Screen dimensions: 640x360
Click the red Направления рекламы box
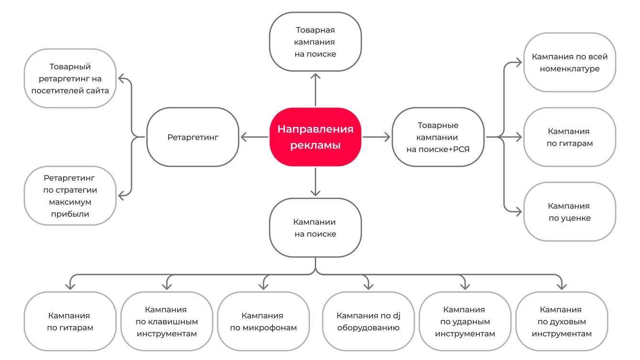(315, 137)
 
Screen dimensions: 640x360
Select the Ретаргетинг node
(193, 137)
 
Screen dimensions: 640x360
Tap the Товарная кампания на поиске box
(315, 42)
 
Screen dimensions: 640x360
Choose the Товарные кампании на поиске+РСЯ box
(438, 137)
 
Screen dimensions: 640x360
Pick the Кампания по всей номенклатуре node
(570, 63)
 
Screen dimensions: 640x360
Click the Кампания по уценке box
(570, 212)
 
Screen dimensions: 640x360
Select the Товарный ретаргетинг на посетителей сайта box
(70, 79)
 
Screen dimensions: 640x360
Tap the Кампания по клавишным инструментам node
(167, 321)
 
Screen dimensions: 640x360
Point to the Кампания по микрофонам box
(264, 321)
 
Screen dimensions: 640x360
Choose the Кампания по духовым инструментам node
(562, 321)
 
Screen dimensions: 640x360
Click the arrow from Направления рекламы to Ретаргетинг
(255, 137)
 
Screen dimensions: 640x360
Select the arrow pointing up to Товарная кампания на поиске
(315, 90)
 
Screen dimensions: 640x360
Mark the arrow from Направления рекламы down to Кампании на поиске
(315, 182)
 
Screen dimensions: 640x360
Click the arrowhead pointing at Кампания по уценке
(519, 212)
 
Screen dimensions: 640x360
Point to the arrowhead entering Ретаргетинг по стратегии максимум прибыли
(121, 196)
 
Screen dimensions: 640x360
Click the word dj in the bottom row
(396, 316)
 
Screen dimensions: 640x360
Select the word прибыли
(70, 214)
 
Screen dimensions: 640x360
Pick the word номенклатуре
(570, 69)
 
